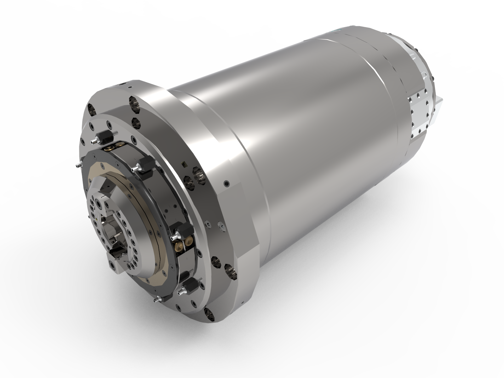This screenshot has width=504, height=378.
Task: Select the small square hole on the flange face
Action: [x=183, y=164]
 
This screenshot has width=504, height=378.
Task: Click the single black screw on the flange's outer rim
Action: [x=226, y=183]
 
